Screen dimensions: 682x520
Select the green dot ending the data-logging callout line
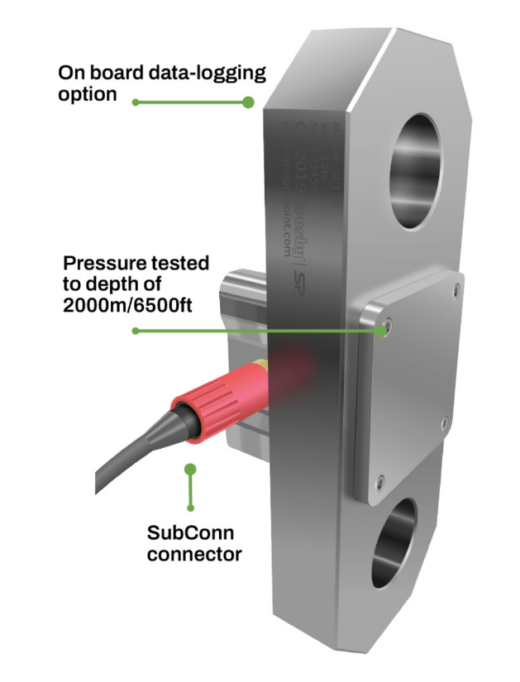point(247,102)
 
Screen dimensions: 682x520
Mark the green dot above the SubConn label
point(191,469)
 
